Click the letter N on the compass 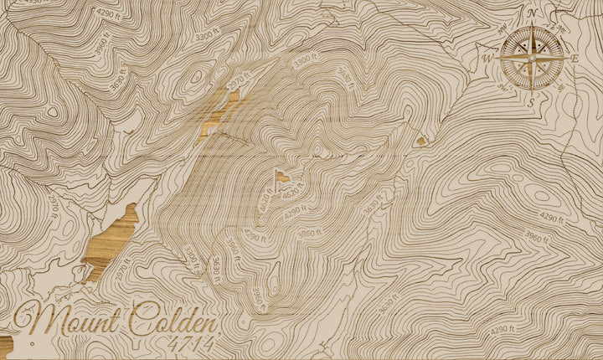pos(532,13)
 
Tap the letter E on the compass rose pos(575,59)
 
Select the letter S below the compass pos(531,101)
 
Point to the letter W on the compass pos(487,59)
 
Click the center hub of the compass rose pos(531,57)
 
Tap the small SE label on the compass pos(558,85)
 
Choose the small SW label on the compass pos(503,85)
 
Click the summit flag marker pos(282,176)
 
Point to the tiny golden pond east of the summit pos(420,141)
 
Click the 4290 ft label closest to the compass pos(549,218)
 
